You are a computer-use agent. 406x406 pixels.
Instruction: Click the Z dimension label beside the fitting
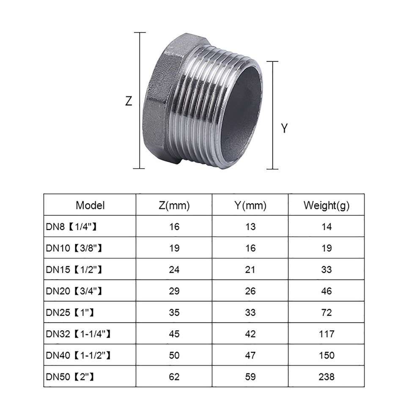(129, 101)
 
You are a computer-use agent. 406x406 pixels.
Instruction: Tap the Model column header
(90, 206)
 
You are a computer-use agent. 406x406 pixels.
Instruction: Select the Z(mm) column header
(174, 206)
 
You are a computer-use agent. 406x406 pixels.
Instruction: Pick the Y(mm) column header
(250, 206)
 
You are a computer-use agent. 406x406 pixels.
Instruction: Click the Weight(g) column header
(326, 206)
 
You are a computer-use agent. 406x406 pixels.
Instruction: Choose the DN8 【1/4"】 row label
(72, 227)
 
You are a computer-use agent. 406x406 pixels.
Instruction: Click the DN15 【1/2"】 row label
(74, 269)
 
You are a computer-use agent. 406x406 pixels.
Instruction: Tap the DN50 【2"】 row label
(70, 376)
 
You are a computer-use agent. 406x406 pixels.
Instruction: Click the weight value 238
(326, 376)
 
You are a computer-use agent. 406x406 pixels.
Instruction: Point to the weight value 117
(326, 334)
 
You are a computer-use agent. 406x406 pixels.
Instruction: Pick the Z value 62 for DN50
(174, 376)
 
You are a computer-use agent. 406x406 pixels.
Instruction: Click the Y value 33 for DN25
(250, 313)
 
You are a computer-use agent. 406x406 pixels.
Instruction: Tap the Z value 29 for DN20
(174, 291)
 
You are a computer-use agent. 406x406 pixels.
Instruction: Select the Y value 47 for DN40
(250, 355)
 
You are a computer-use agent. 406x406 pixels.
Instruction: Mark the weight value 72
(326, 313)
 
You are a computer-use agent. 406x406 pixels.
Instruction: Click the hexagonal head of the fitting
(159, 101)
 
